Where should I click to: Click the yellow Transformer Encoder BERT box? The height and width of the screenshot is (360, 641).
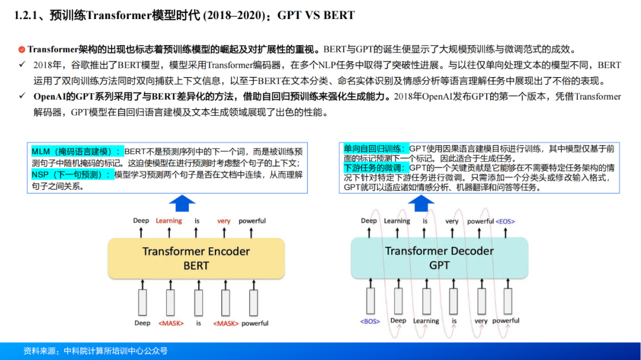(x=196, y=258)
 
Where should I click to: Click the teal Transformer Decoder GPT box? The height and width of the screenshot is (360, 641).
(x=439, y=258)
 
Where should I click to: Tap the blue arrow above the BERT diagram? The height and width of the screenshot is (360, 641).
(x=182, y=203)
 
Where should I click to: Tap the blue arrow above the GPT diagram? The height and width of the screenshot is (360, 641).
(x=421, y=203)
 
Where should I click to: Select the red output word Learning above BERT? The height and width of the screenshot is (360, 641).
(x=169, y=221)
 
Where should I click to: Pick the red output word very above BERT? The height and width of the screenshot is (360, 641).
(x=224, y=221)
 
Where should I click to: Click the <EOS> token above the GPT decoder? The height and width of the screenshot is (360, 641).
(x=505, y=221)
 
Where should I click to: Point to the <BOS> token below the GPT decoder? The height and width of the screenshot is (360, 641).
(x=370, y=321)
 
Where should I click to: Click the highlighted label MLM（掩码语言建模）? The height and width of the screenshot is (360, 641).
(x=77, y=151)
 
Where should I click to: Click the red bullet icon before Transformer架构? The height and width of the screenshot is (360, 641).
(x=21, y=50)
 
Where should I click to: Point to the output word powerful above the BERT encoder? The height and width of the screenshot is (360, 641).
(x=252, y=221)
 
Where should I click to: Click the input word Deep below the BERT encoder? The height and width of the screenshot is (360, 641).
(x=142, y=323)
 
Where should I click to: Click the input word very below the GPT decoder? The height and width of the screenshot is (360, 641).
(x=481, y=321)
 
